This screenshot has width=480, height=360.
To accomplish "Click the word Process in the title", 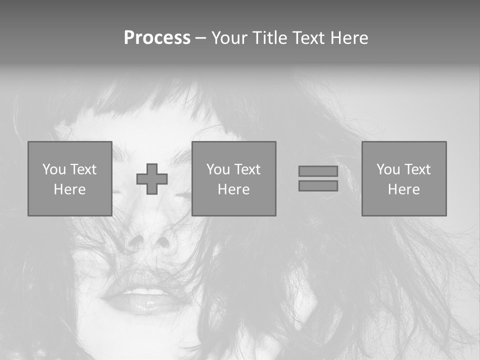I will pyautogui.click(x=157, y=38).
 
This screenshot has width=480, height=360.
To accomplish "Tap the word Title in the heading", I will pyautogui.click(x=269, y=38).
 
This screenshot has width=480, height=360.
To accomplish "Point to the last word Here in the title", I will pyautogui.click(x=348, y=38).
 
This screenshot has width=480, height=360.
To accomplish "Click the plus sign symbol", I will pyautogui.click(x=152, y=179).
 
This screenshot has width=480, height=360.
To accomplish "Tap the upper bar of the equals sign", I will pyautogui.click(x=318, y=171).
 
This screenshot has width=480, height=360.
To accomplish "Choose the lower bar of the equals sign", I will pyautogui.click(x=318, y=185).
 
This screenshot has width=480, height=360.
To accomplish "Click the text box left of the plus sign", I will pyautogui.click(x=69, y=178).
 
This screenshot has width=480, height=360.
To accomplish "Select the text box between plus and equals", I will pyautogui.click(x=233, y=178).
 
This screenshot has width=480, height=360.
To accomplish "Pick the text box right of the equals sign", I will pyautogui.click(x=403, y=178).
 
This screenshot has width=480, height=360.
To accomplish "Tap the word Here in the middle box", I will pyautogui.click(x=233, y=189).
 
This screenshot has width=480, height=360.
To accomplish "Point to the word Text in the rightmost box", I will pyautogui.click(x=417, y=169).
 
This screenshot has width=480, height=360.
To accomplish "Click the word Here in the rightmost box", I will pyautogui.click(x=403, y=189).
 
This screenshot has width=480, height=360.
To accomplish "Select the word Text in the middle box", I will pyautogui.click(x=247, y=169).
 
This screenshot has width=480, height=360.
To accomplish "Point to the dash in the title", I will pyautogui.click(x=200, y=38).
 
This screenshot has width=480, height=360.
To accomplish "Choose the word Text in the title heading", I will pyautogui.click(x=307, y=38).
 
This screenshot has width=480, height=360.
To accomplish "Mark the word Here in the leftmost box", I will pyautogui.click(x=69, y=189).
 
